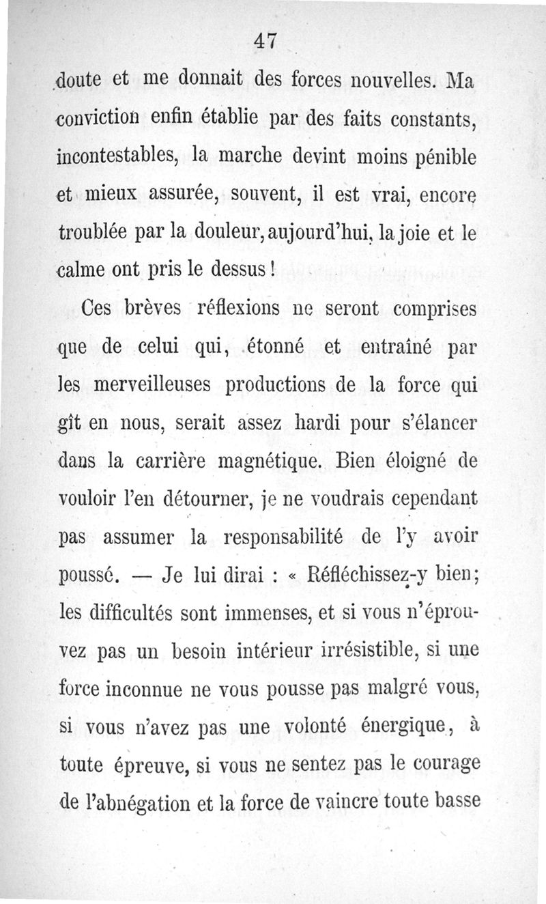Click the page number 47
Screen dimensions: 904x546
coord(264,41)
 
